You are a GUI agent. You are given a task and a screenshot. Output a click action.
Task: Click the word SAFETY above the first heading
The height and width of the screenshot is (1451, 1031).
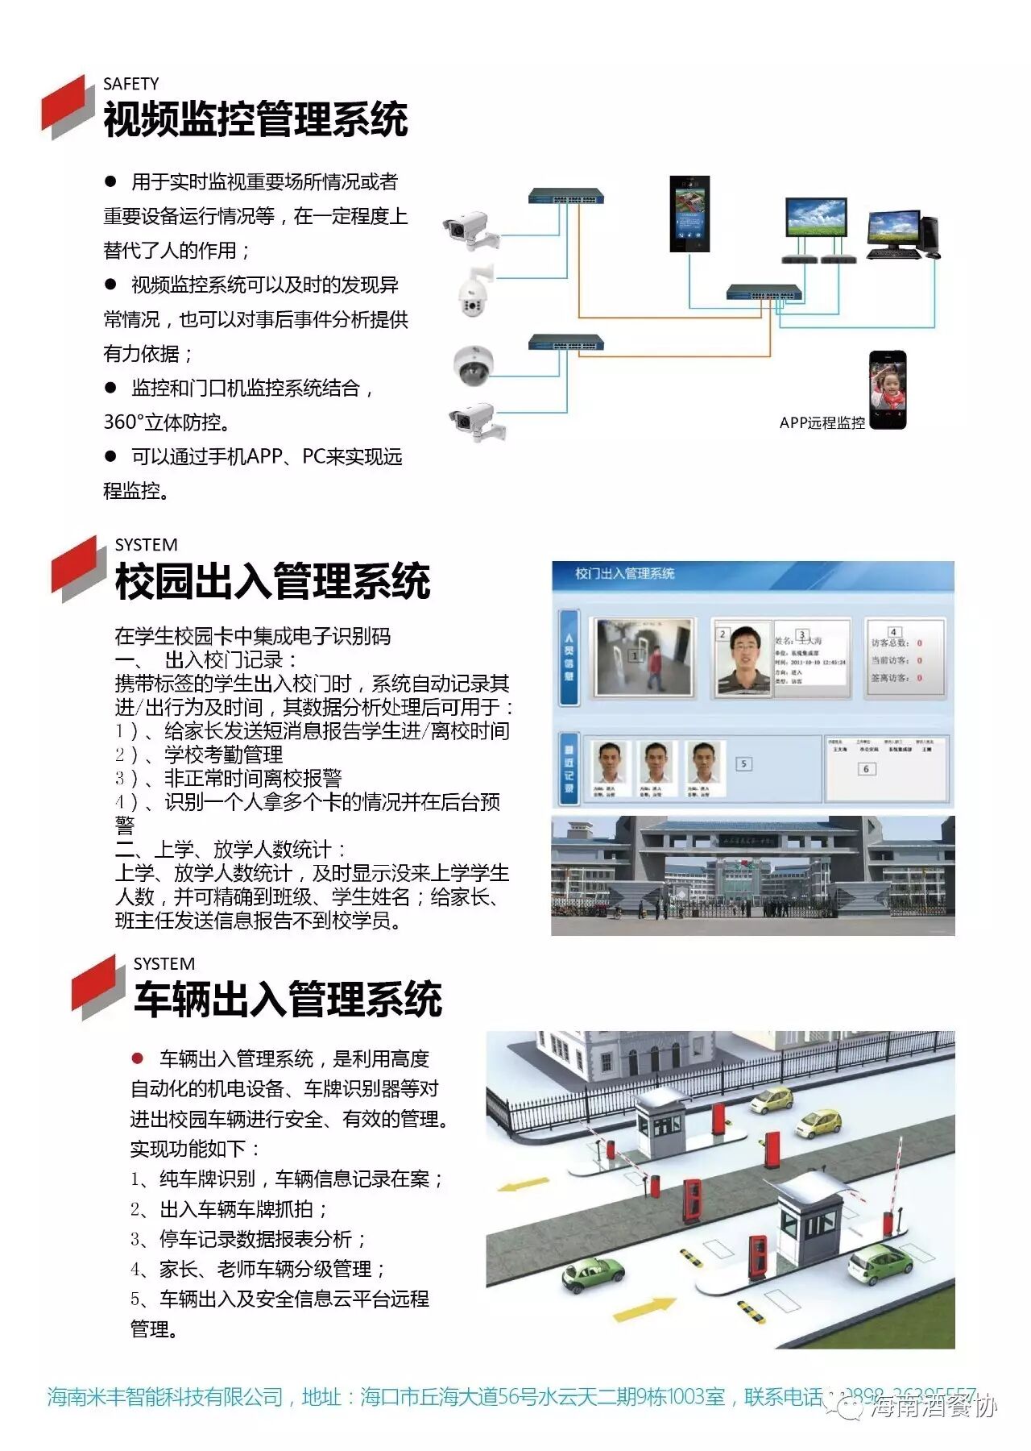pyautogui.click(x=130, y=84)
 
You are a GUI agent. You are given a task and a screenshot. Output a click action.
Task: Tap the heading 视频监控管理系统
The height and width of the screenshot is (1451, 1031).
pyautogui.click(x=255, y=120)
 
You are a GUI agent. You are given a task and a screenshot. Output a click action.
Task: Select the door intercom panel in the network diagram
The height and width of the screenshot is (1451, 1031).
pyautogui.click(x=689, y=214)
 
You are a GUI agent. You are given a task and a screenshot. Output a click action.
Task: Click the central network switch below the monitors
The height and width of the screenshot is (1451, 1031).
pyautogui.click(x=764, y=293)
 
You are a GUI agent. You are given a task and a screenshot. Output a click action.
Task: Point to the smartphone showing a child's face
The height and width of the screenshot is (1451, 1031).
pyautogui.click(x=887, y=389)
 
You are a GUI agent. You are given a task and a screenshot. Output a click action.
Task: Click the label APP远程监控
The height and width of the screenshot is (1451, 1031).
pyautogui.click(x=822, y=422)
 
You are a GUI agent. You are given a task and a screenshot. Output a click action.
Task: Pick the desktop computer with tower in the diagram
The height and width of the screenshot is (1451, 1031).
pyautogui.click(x=902, y=235)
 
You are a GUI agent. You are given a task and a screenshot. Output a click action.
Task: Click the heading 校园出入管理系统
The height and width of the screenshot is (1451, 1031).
pyautogui.click(x=272, y=581)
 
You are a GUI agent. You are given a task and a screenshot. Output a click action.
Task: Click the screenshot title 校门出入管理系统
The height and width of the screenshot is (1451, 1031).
pyautogui.click(x=624, y=573)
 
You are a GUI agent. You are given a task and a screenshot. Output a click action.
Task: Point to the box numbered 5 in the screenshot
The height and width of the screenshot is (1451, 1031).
pyautogui.click(x=743, y=763)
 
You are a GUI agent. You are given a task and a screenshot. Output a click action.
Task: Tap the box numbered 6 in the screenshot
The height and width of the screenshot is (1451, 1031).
pyautogui.click(x=866, y=769)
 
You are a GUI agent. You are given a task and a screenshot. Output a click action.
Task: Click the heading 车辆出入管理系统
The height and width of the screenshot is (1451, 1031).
pyautogui.click(x=288, y=1000)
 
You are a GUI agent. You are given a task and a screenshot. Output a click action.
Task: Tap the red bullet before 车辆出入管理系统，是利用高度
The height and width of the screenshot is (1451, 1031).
pyautogui.click(x=138, y=1058)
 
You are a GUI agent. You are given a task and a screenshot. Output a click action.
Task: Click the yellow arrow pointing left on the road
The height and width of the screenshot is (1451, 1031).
pyautogui.click(x=523, y=1185)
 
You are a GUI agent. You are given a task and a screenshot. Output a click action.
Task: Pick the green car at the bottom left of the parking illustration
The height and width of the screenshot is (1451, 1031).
pyautogui.click(x=593, y=1274)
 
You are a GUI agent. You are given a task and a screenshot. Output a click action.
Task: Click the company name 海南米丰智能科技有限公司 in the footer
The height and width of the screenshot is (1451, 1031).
pyautogui.click(x=165, y=1397)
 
